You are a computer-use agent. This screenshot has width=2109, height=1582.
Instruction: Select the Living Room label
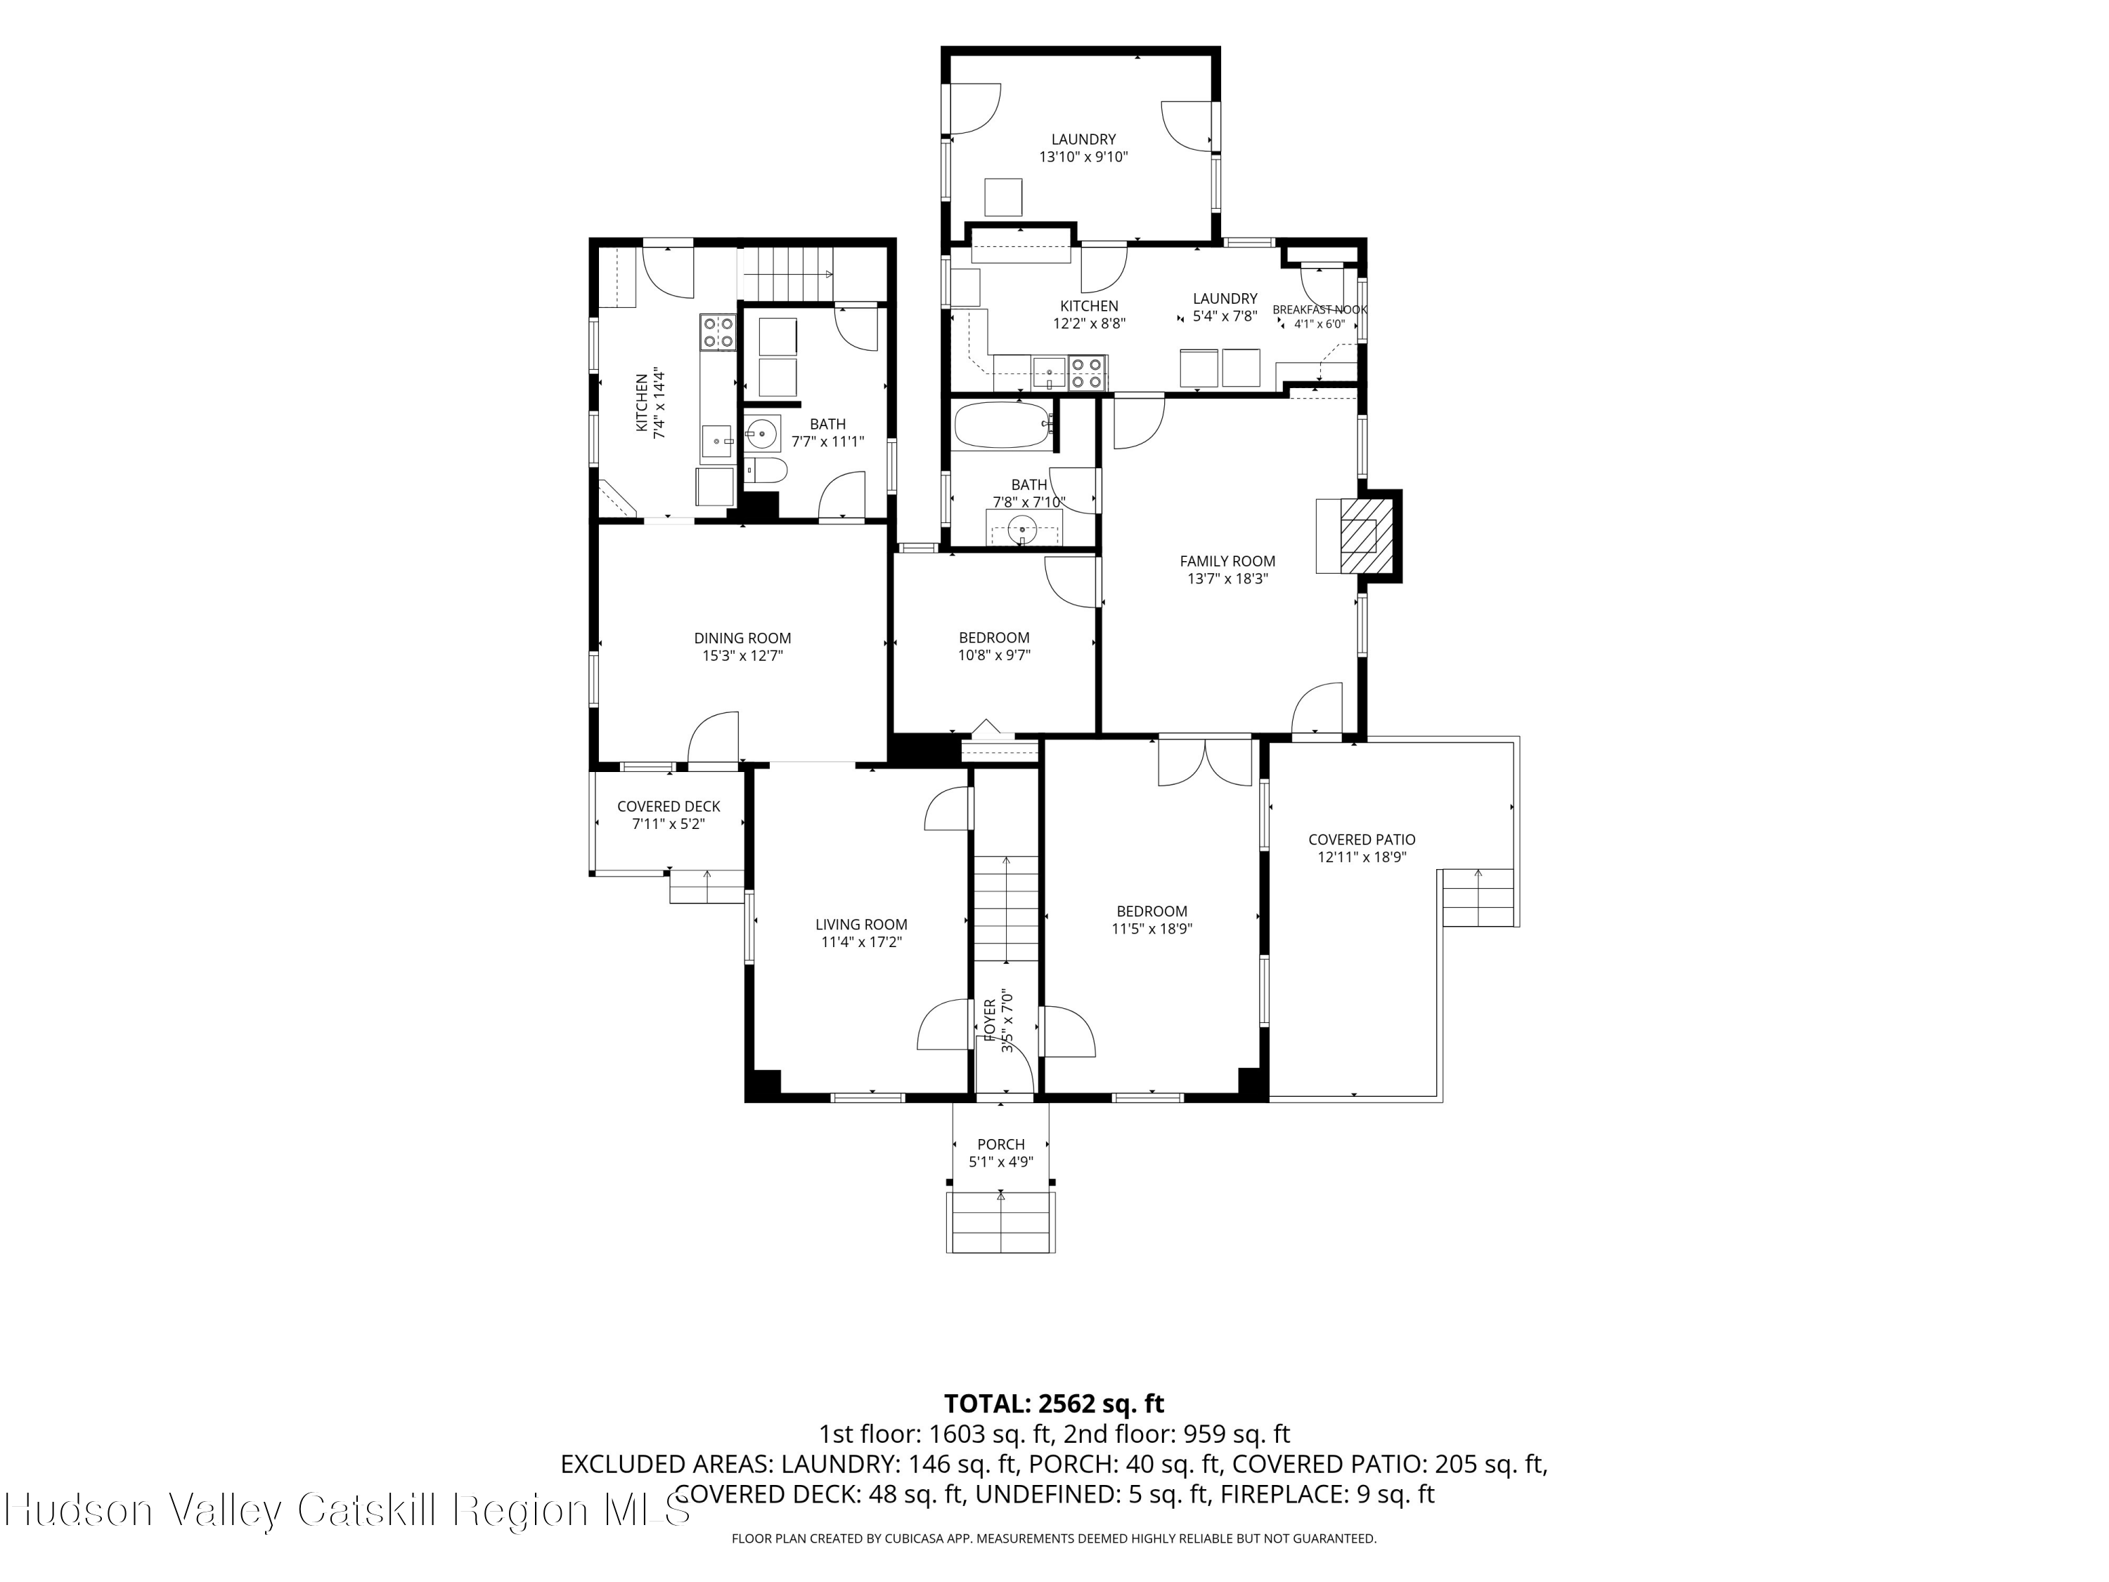pyautogui.click(x=861, y=924)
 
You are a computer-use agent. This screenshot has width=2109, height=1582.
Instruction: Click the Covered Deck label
pyautogui.click(x=669, y=806)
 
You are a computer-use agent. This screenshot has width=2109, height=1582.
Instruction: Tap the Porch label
pyautogui.click(x=1001, y=1144)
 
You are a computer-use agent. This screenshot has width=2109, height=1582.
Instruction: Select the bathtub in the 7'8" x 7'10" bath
pyautogui.click(x=1003, y=425)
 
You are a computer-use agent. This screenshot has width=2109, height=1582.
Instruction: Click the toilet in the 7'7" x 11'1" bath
pyautogui.click(x=766, y=469)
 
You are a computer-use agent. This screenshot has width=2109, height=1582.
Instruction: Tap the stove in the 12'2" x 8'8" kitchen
pyautogui.click(x=1087, y=372)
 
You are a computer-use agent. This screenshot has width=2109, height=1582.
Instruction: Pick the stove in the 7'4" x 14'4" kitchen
pyautogui.click(x=718, y=331)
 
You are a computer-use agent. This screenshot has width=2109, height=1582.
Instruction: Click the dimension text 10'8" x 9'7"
pyautogui.click(x=995, y=655)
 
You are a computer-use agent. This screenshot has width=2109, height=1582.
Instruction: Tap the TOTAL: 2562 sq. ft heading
pyautogui.click(x=1054, y=1403)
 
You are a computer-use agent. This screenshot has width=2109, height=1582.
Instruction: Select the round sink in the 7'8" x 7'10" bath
pyautogui.click(x=1022, y=527)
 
